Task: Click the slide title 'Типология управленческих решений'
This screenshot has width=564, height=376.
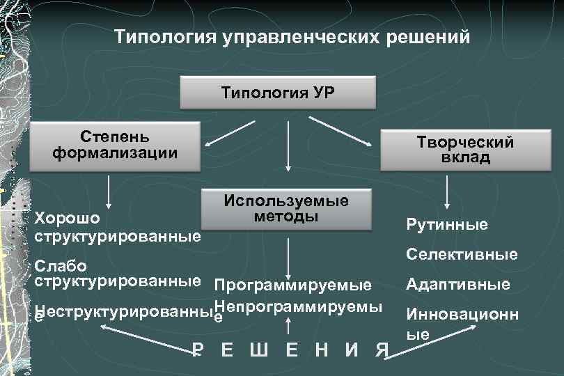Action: [x=292, y=36]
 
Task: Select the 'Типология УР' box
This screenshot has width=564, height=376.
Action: [x=278, y=92]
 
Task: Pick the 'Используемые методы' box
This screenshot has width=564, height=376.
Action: [x=286, y=208]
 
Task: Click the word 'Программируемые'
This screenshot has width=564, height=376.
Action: [x=293, y=285]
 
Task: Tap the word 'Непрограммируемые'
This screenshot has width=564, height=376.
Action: [x=299, y=308]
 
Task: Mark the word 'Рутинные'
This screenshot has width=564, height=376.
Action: [x=447, y=224]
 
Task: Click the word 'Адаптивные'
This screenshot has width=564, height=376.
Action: [x=458, y=284]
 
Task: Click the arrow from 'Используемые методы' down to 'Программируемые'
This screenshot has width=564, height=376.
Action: [x=288, y=258]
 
